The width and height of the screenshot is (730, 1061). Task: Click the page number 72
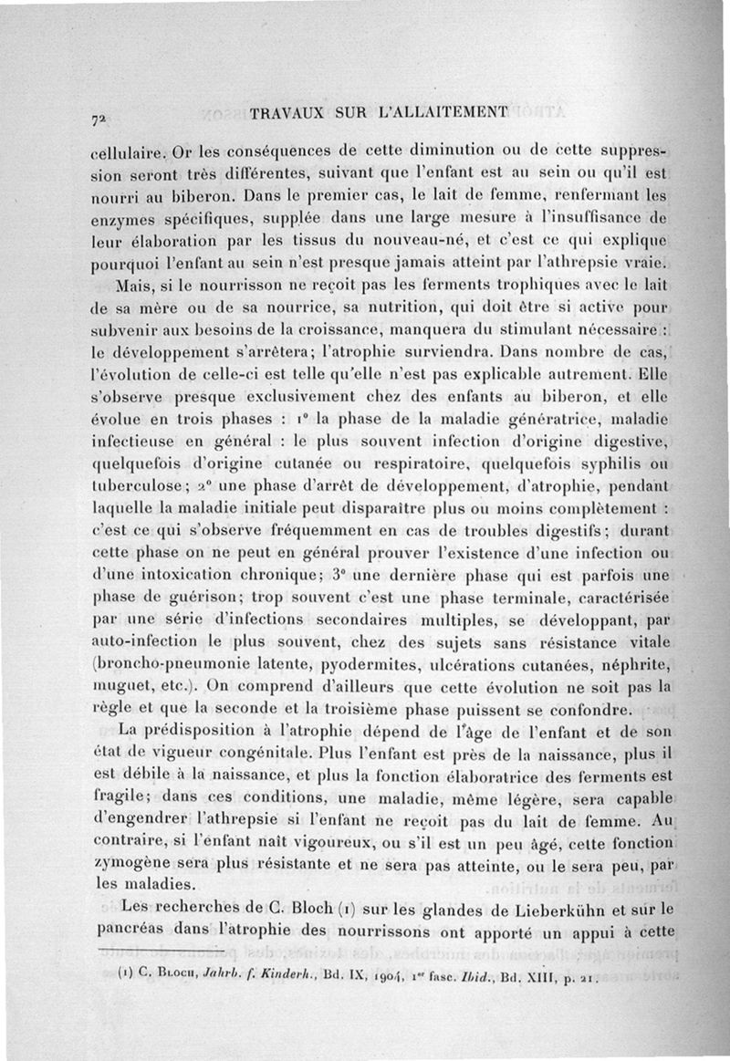[x=98, y=119]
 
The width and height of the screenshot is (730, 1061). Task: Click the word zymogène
[x=132, y=862]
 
